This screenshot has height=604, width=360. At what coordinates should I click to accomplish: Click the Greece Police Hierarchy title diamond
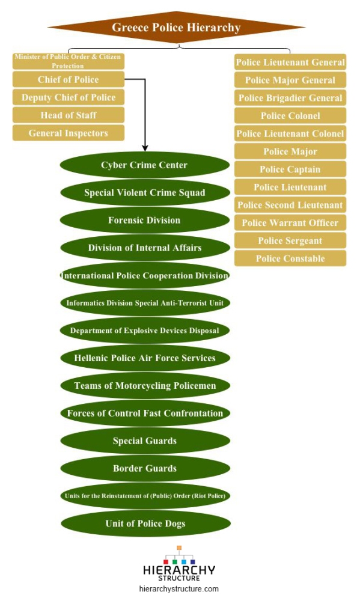coord(176,28)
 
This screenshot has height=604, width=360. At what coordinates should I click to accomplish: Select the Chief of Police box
coord(69,79)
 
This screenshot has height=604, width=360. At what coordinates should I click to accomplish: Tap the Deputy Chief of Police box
coord(69,97)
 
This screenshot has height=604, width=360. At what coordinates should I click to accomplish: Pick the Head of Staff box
coord(69,115)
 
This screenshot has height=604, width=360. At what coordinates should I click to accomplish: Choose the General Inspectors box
coord(69,133)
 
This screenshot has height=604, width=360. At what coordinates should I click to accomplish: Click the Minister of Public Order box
coord(69,61)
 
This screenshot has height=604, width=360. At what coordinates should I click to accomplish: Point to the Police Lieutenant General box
coord(290,62)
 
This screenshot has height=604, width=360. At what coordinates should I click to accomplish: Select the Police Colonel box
coord(290,115)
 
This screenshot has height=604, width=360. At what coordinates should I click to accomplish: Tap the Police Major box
coord(290,151)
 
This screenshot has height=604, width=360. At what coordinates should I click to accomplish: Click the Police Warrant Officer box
coord(290,222)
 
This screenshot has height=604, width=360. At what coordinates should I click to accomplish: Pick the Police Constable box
coord(290,258)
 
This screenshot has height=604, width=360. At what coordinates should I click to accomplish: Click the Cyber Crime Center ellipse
coord(145,165)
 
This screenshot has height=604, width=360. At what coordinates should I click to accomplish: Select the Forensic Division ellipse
coord(145,221)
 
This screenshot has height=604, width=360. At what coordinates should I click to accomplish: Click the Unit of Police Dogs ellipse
coord(145,523)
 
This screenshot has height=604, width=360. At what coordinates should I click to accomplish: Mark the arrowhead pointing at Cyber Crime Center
coord(145,148)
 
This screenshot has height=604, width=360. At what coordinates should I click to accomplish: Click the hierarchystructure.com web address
coord(178,589)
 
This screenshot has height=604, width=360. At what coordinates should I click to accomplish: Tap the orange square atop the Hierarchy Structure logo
coord(179,548)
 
